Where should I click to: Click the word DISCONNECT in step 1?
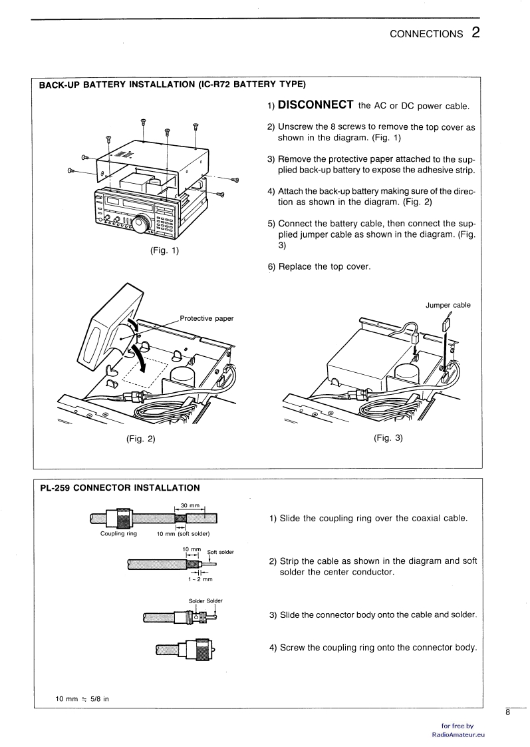[x=315, y=105]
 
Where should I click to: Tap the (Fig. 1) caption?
[x=165, y=250]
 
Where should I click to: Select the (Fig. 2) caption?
[x=141, y=438]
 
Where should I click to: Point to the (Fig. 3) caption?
[x=388, y=438]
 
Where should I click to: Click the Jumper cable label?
[x=448, y=306]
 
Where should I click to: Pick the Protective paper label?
[x=207, y=319]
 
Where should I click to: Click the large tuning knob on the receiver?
[x=142, y=224]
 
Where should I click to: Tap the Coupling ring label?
[x=118, y=533]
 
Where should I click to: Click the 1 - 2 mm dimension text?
[x=200, y=579]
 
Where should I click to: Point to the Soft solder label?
[x=220, y=552]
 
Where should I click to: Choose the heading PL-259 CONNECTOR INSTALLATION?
[x=120, y=488]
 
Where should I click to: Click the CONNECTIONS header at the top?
[x=426, y=34]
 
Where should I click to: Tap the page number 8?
[x=507, y=712]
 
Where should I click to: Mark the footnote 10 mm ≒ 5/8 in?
[x=82, y=699]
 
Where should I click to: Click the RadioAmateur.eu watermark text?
[x=458, y=734]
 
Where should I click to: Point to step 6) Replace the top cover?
[x=319, y=267]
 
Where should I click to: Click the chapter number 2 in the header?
[x=475, y=33]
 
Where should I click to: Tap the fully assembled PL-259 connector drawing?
[x=186, y=649]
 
